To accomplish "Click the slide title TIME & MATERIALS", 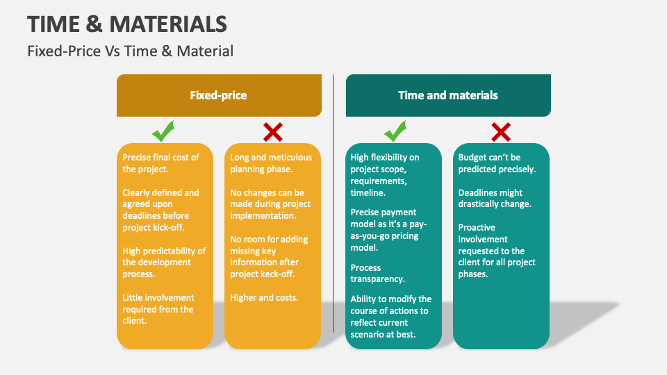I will coord(127,24).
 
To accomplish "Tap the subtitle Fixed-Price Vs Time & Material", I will coord(131,51).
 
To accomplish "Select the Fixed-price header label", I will coord(218,95).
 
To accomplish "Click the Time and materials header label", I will coord(447,95).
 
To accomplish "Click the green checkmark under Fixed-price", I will coord(163,131).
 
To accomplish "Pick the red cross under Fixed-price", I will coord(272,131).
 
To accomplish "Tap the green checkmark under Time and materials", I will coord(395,131).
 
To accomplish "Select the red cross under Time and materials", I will coord(501,131).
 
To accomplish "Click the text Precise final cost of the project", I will coord(160,163).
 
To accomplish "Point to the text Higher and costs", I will coord(264,297).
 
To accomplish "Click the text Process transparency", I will coord(377,273).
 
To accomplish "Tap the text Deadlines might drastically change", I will coord(495,198).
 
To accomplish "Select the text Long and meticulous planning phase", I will coord(271,163).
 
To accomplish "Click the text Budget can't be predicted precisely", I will coord(497,163).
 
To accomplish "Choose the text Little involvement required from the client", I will coord(158,309).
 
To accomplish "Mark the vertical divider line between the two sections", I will coord(333,201).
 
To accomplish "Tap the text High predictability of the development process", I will coord(164,262).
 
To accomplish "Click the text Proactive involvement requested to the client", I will coord(497,250).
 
